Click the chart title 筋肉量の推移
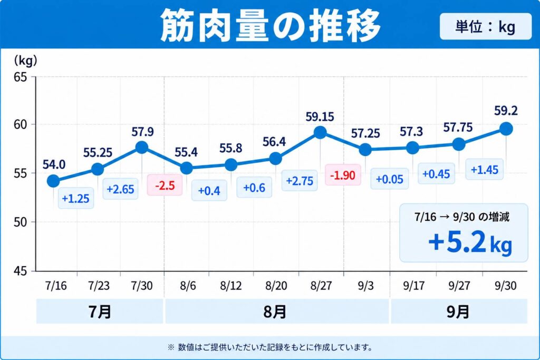pyautogui.click(x=271, y=25)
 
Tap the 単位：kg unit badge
pyautogui.click(x=486, y=26)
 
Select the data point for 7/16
pyautogui.click(x=53, y=181)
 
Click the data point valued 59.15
pyautogui.click(x=320, y=132)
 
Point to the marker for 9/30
pyautogui.click(x=506, y=129)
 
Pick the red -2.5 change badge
pyautogui.click(x=165, y=186)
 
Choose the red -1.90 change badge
pyautogui.click(x=343, y=175)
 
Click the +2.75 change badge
pyautogui.click(x=300, y=181)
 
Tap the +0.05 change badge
pyautogui.click(x=390, y=179)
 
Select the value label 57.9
pyautogui.click(x=142, y=132)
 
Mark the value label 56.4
pyautogui.click(x=274, y=142)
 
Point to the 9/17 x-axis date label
pyautogui.click(x=413, y=286)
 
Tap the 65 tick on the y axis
pyautogui.click(x=20, y=77)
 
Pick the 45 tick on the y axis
pyautogui.click(x=20, y=271)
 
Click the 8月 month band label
pyautogui.click(x=275, y=312)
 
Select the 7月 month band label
pyautogui.click(x=100, y=312)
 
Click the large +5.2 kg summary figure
pyautogui.click(x=470, y=242)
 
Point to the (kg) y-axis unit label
pyautogui.click(x=25, y=61)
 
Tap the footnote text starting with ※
pyautogui.click(x=270, y=347)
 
